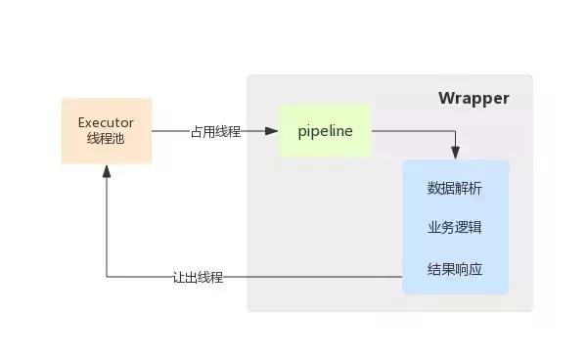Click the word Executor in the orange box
(x=106, y=122)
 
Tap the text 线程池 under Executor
(x=106, y=139)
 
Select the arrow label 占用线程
(x=215, y=131)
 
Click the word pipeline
(x=325, y=131)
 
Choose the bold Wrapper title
(x=474, y=98)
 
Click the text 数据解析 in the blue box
(x=455, y=188)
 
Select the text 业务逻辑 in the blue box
(x=455, y=227)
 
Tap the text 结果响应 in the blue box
(x=455, y=268)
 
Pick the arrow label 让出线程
(x=198, y=277)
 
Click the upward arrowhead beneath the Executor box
(x=107, y=170)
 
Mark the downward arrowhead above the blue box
(x=455, y=154)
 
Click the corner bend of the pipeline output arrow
(x=455, y=131)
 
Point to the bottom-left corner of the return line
(x=107, y=277)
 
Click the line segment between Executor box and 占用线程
(x=170, y=131)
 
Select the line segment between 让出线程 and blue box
(x=313, y=277)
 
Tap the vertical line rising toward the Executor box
(x=107, y=225)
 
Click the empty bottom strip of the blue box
(x=455, y=287)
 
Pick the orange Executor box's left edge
(x=62, y=130)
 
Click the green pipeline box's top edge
(x=325, y=105)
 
